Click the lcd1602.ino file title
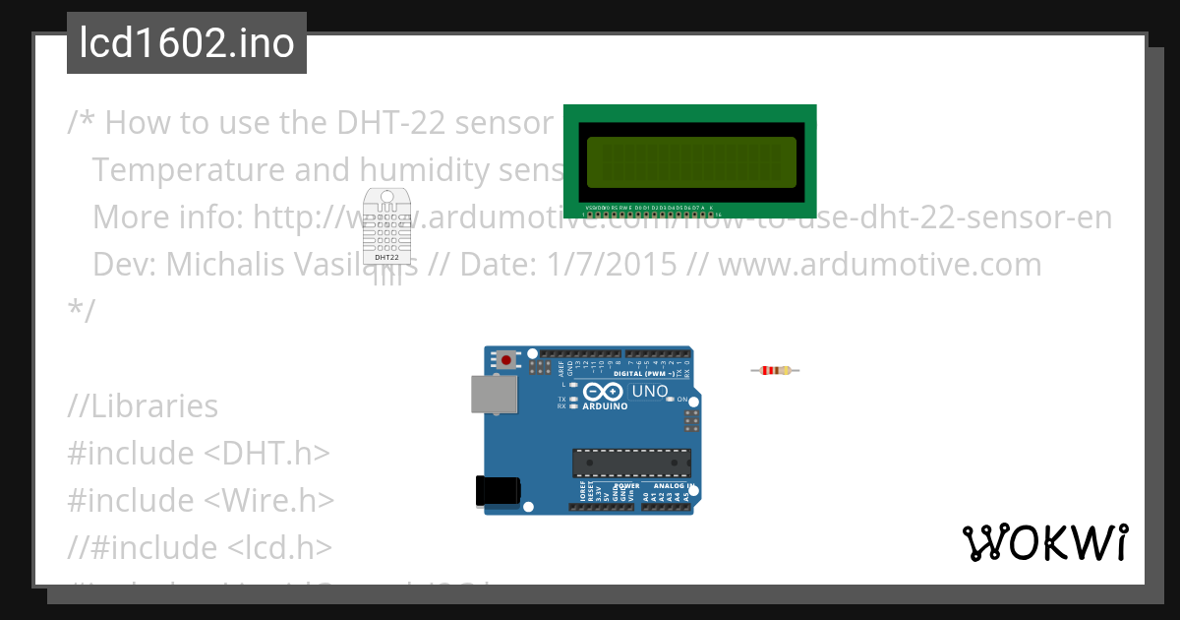pyautogui.click(x=187, y=43)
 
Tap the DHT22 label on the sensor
pyautogui.click(x=386, y=258)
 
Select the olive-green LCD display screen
pyautogui.click(x=690, y=161)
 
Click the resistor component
pyautogui.click(x=775, y=370)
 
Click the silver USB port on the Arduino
pyautogui.click(x=489, y=393)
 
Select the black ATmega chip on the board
pyautogui.click(x=631, y=464)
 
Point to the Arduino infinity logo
pyautogui.click(x=603, y=392)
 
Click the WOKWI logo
pyautogui.click(x=1044, y=543)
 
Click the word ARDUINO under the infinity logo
pyautogui.click(x=605, y=406)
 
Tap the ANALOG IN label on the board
pyautogui.click(x=674, y=485)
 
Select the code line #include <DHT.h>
pyautogui.click(x=198, y=454)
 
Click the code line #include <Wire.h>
pyautogui.click(x=201, y=501)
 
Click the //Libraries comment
pyautogui.click(x=143, y=406)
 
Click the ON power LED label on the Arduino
pyautogui.click(x=681, y=399)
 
